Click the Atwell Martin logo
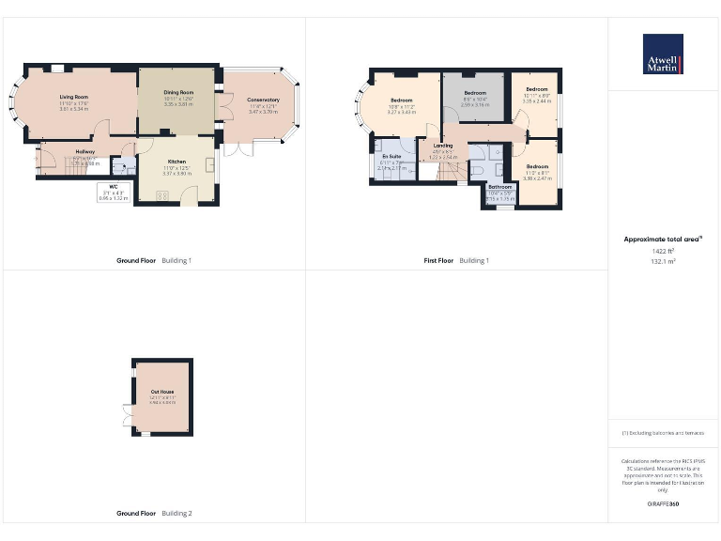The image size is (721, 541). [x=663, y=54]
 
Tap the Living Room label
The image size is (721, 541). [x=73, y=97]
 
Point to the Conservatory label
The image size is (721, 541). [x=264, y=100]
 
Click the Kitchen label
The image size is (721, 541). [x=176, y=162]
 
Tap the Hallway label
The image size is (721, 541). [x=85, y=151]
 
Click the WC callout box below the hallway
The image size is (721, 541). [x=113, y=192]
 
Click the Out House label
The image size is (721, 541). [x=161, y=392]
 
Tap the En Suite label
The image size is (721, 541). [x=391, y=156]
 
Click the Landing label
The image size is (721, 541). [x=442, y=146]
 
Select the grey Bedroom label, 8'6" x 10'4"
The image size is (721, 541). [x=475, y=93]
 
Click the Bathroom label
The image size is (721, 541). [x=499, y=187]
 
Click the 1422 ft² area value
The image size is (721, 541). [x=663, y=251]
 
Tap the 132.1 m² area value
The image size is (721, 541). [x=663, y=262]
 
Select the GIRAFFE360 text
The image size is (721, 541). [x=663, y=505]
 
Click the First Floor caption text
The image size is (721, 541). [x=438, y=260]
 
